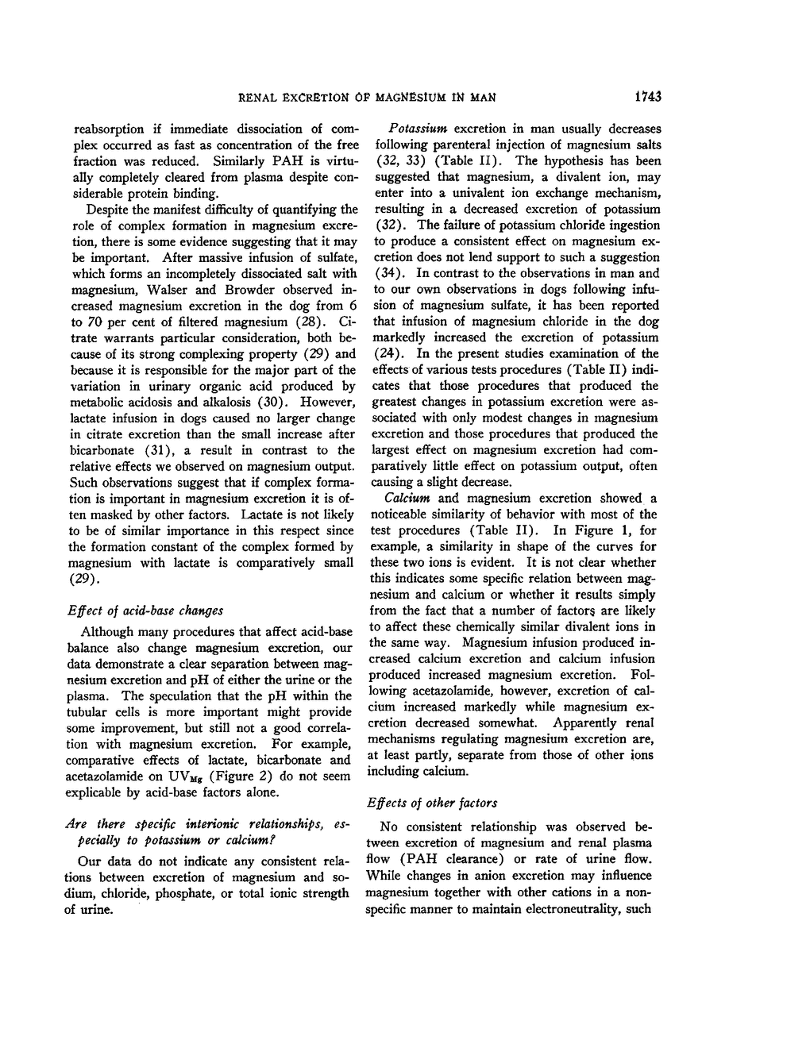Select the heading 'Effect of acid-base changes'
(x=145, y=611)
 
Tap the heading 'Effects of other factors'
(x=432, y=803)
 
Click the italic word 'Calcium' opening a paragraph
(x=407, y=499)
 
